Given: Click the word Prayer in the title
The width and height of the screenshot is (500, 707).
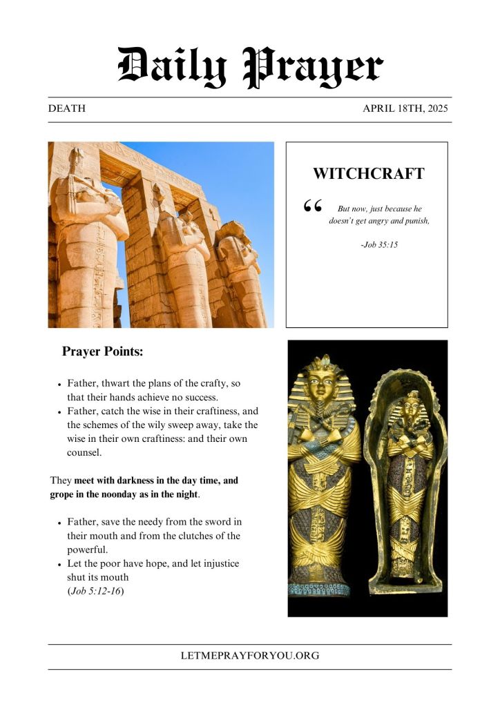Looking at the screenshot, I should point(314,67).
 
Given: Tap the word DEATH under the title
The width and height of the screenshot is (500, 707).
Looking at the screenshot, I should point(67,109).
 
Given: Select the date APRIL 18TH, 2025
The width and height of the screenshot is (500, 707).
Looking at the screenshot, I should point(407,109).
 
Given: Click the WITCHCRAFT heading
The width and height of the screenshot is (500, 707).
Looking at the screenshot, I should point(368,174).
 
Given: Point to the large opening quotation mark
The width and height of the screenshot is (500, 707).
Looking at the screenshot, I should point(313,206).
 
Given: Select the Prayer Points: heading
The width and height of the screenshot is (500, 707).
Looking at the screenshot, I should point(102,351).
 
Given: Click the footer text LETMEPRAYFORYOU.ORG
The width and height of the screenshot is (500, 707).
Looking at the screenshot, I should point(250,656).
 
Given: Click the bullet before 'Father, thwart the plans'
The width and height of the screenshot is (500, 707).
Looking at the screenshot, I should point(60,384).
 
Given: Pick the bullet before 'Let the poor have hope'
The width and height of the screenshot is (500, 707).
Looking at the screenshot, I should point(60,565).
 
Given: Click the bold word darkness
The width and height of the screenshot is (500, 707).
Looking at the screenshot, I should point(136,481).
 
